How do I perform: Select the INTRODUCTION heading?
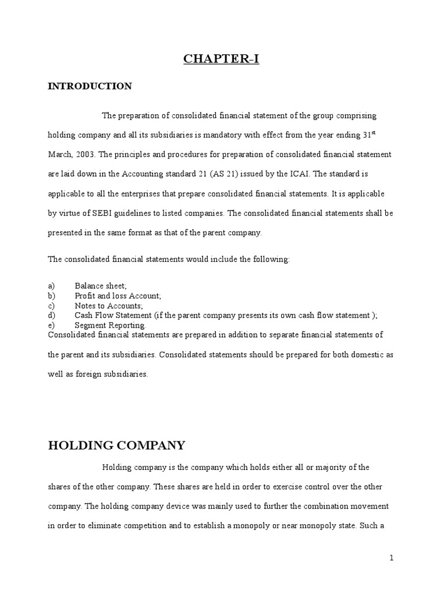tap(90, 86)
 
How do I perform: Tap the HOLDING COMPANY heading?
tap(116, 446)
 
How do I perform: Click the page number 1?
tap(392, 558)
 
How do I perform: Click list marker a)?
tap(51, 286)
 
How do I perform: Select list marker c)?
tap(51, 305)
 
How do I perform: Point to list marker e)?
tap(51, 325)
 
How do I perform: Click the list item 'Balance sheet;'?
tap(101, 286)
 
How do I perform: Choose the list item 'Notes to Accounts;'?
tap(109, 305)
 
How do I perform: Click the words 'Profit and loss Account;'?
tap(118, 296)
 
